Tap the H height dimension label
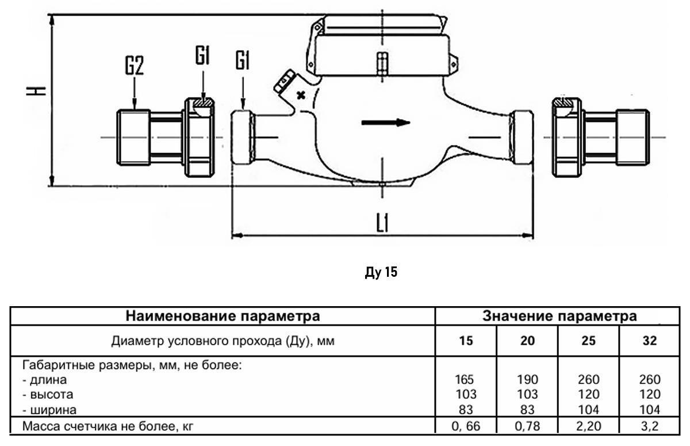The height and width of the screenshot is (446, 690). (37, 91)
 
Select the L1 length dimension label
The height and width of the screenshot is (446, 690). (382, 222)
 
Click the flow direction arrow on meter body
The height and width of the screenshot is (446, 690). (385, 123)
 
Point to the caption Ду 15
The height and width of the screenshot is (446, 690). (381, 272)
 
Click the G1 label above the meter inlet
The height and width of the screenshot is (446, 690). (243, 60)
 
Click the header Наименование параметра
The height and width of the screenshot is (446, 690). (223, 316)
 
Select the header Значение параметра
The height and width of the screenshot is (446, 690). (559, 316)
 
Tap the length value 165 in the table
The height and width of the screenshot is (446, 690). (466, 380)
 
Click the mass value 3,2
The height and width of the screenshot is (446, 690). (650, 426)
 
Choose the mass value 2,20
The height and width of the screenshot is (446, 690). (588, 426)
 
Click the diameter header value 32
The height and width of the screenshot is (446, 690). (649, 341)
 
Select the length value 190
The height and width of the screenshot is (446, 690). (527, 380)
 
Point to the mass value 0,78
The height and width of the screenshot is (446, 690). (527, 426)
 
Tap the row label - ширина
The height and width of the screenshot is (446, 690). (50, 410)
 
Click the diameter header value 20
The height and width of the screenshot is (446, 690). (527, 341)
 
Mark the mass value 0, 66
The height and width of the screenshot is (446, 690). (466, 426)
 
